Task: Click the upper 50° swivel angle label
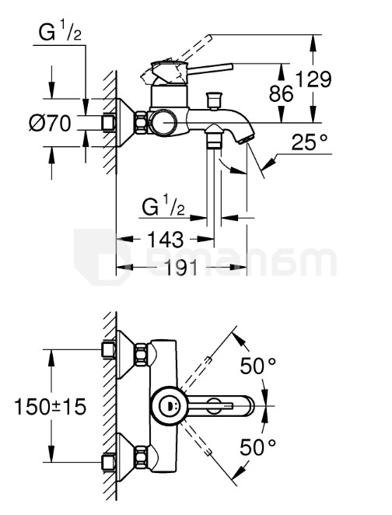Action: pos(258,366)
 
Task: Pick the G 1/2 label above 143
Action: pos(163,207)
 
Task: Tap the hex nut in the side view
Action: pos(142,122)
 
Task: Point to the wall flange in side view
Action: pos(121,122)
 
